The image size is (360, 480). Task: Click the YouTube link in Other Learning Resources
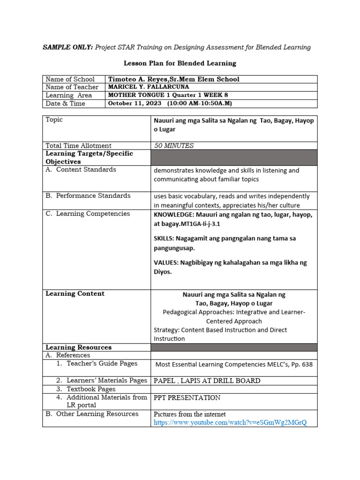pos(230,422)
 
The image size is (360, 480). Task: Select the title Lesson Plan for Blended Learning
pos(180,63)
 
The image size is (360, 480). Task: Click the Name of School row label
pos(70,79)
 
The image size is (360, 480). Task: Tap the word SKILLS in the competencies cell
pos(164,239)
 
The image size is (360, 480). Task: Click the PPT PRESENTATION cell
pos(187,398)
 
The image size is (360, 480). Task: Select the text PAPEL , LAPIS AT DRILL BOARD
pos(207,381)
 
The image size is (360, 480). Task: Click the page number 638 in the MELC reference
pos(306,364)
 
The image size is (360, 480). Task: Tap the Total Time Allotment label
pos(79,146)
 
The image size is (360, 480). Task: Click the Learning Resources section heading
pos(78,347)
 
